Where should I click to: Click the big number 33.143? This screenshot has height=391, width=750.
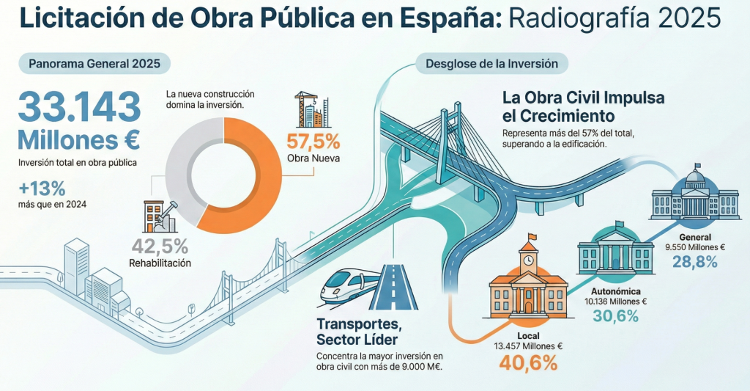[x=79, y=108]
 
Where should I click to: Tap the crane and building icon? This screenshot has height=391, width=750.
[x=311, y=109]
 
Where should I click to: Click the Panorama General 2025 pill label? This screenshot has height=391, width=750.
[x=94, y=64]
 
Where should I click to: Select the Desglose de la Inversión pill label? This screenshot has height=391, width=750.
[x=491, y=64]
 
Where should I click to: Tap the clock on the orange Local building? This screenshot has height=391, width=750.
[x=527, y=259]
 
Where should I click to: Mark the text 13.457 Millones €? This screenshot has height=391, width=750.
[x=527, y=346]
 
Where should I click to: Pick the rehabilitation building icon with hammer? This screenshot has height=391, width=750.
[x=157, y=216]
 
